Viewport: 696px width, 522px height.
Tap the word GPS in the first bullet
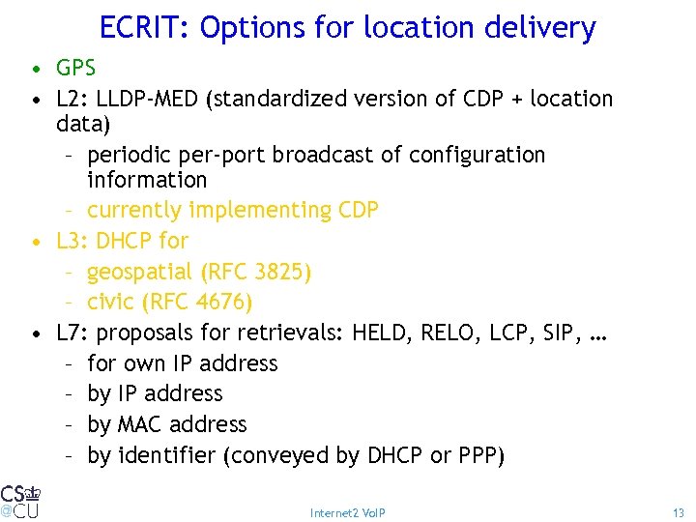[76, 69]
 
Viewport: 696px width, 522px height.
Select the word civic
[110, 303]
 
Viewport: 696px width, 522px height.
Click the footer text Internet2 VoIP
[348, 512]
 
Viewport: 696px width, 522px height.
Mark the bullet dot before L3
[34, 242]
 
